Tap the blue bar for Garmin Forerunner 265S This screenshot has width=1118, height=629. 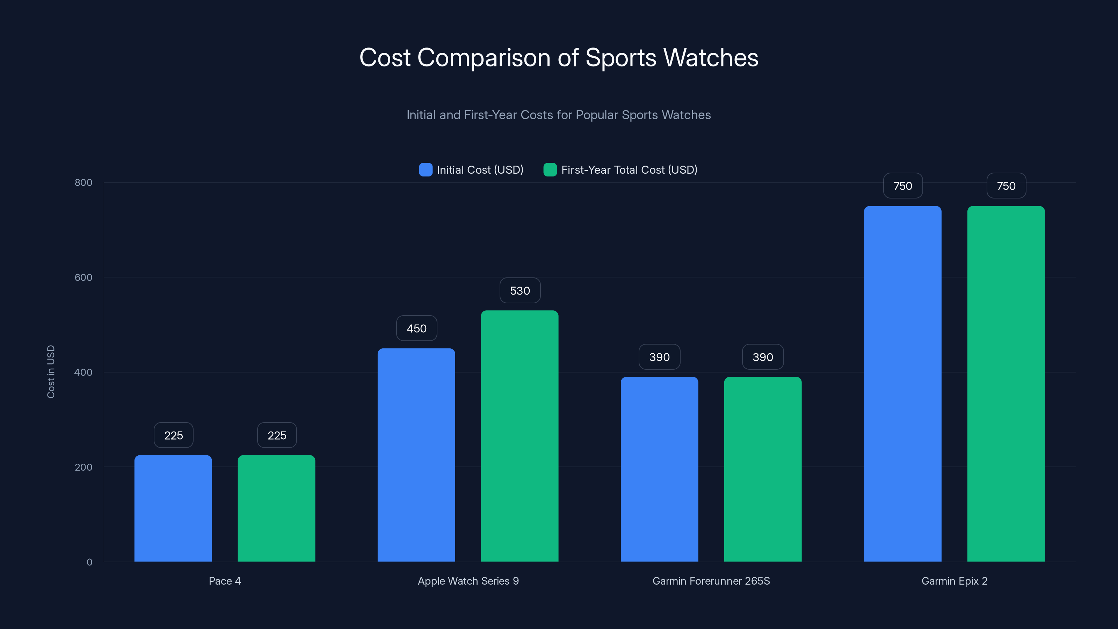tap(659, 469)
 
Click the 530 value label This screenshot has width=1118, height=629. tap(520, 291)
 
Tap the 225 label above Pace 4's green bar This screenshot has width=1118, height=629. tap(277, 435)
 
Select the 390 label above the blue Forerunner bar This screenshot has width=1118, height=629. tap(659, 357)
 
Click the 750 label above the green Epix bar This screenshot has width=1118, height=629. tap(1006, 186)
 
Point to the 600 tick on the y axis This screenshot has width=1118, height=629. tap(84, 277)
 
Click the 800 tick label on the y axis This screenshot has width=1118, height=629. tap(84, 182)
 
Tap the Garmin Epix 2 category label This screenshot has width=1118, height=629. tap(954, 581)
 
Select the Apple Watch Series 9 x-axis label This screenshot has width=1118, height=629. tap(468, 581)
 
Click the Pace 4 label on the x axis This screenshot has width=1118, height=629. tap(224, 581)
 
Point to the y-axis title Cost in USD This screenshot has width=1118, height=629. tap(51, 371)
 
